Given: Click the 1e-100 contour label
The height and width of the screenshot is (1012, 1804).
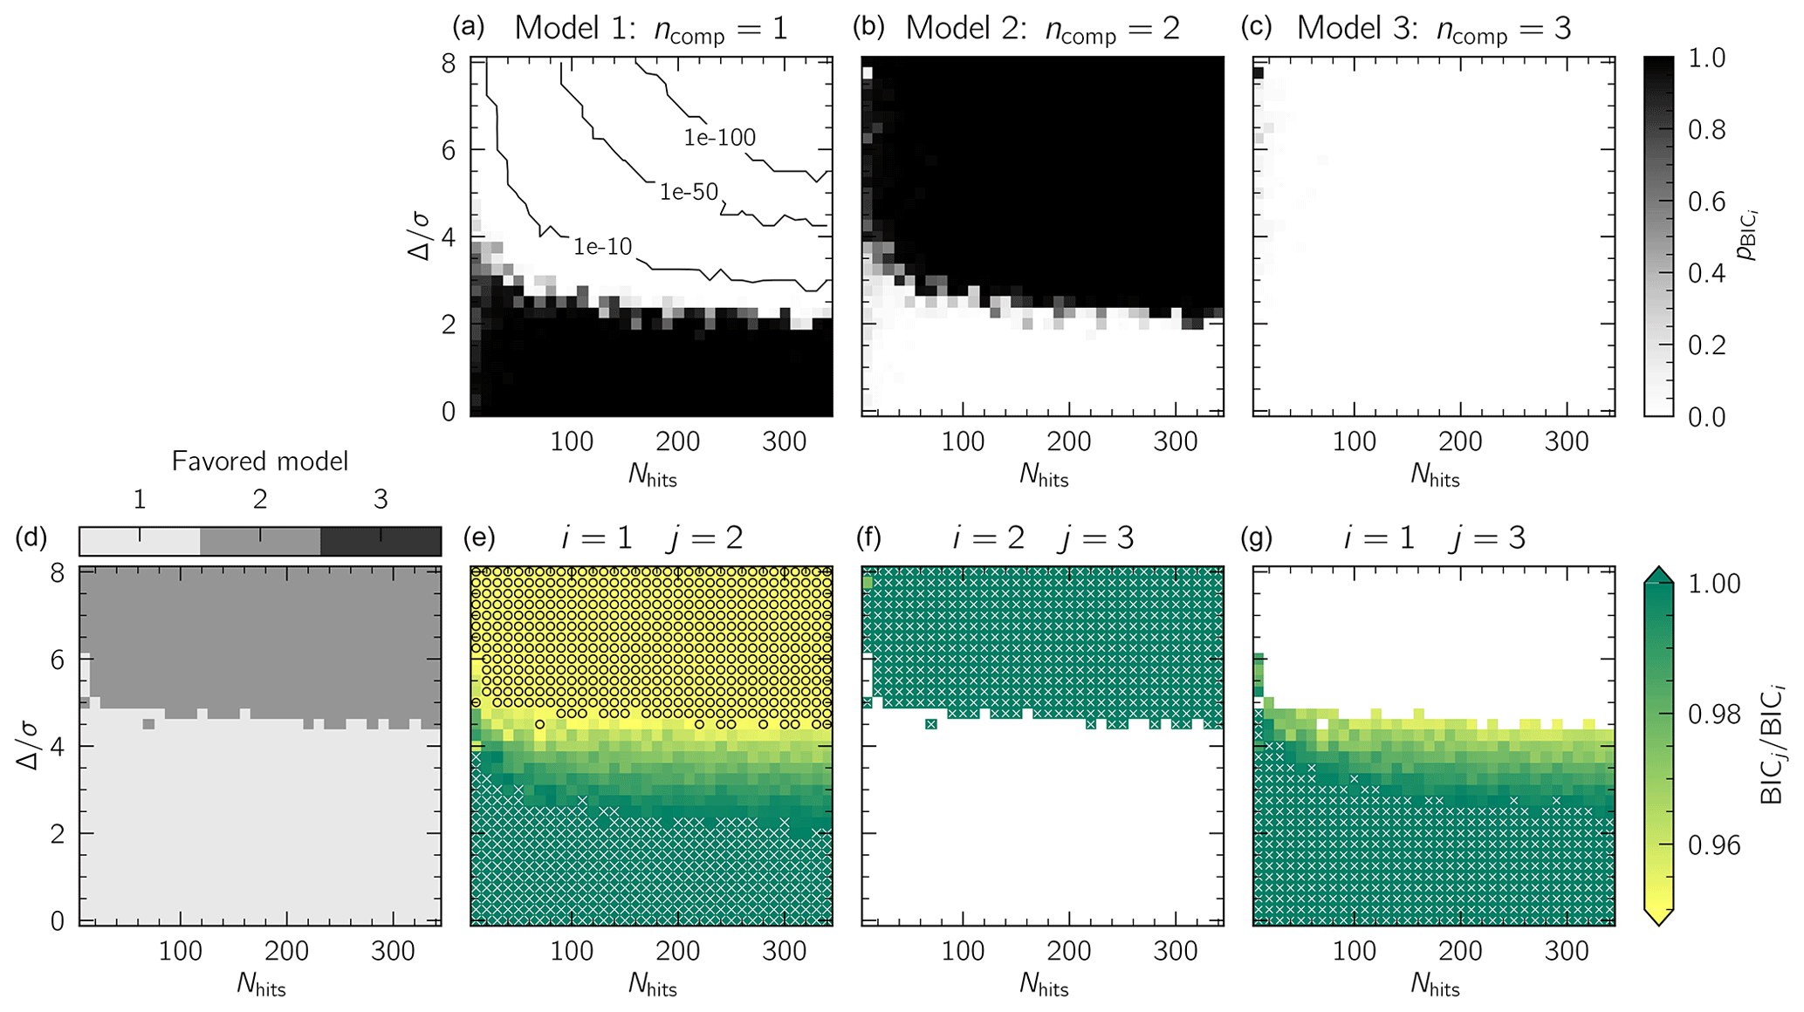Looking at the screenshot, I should (x=719, y=137).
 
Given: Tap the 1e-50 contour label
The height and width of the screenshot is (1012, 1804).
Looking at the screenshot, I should (x=688, y=192).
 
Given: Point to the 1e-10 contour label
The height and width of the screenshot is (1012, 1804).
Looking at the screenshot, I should (x=602, y=247).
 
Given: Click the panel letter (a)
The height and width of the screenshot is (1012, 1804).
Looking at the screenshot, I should (x=468, y=27).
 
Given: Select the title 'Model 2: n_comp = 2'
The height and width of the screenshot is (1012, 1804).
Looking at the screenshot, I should (x=1043, y=29).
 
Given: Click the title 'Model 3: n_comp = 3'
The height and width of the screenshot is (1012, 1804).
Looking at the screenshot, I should (x=1434, y=29).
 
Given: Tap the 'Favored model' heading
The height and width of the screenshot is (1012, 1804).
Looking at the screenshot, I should (x=260, y=461).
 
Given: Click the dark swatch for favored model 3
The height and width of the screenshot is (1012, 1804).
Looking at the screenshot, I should (x=381, y=541).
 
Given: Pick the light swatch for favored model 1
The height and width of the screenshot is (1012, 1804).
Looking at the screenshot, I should (x=140, y=541).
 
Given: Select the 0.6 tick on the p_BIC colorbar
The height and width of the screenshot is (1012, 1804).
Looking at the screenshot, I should (x=1707, y=202).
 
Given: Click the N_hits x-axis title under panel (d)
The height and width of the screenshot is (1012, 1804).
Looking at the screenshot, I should (x=261, y=986).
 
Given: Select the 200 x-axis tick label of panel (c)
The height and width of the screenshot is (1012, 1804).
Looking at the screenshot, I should (x=1460, y=441).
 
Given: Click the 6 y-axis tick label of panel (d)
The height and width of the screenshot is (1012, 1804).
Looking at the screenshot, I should (x=58, y=660).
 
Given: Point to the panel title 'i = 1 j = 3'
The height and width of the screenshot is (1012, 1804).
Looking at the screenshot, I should (x=1434, y=537).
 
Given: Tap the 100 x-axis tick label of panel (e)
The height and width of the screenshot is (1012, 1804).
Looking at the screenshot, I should (x=572, y=951).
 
